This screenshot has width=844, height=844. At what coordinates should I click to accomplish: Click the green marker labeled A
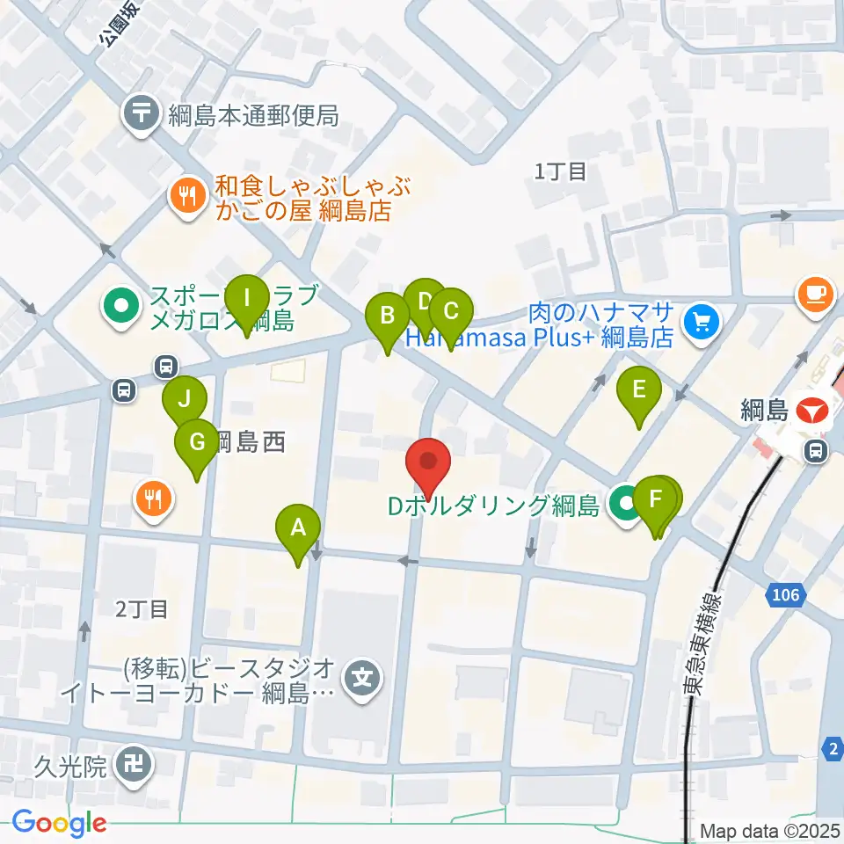pyautogui.click(x=298, y=527)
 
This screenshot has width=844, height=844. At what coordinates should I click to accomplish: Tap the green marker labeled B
pyautogui.click(x=387, y=314)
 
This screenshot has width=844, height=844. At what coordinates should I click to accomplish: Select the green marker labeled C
pyautogui.click(x=450, y=310)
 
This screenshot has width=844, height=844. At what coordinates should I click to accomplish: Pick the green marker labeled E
pyautogui.click(x=639, y=388)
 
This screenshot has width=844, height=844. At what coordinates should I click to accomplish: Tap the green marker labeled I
pyautogui.click(x=247, y=297)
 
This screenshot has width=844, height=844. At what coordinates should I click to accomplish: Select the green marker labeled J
pyautogui.click(x=185, y=398)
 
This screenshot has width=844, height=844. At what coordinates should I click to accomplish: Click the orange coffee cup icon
pyautogui.click(x=814, y=293)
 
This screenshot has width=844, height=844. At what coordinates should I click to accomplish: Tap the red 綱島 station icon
pyautogui.click(x=811, y=410)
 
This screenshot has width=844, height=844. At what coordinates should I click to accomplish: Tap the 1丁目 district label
pyautogui.click(x=560, y=171)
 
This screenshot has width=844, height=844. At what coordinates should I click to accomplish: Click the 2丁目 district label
pyautogui.click(x=141, y=608)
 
